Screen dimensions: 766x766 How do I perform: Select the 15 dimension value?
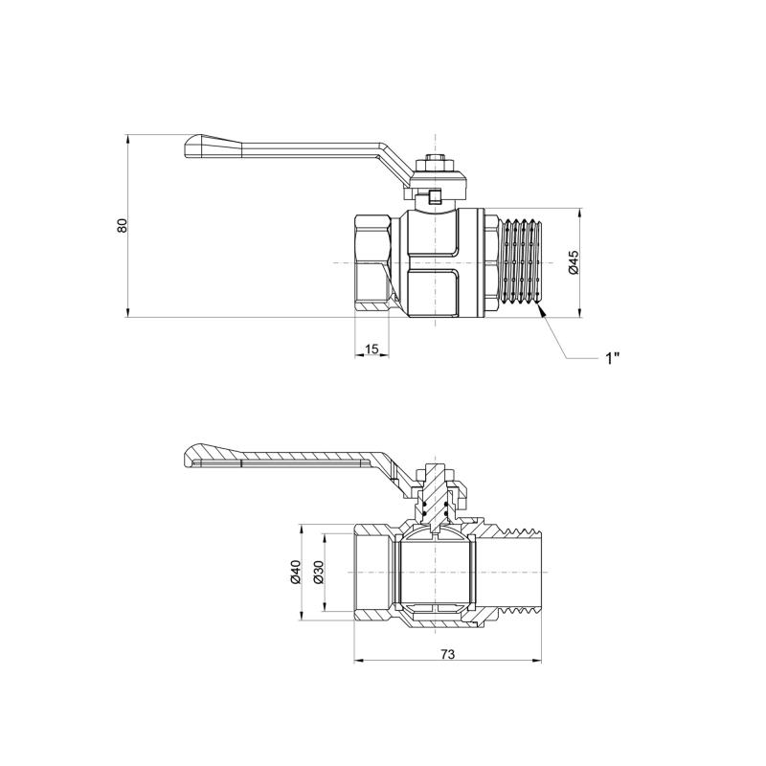tap(372, 349)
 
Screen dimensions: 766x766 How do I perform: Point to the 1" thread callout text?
tap(612, 358)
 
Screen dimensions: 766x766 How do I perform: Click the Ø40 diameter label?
tap(296, 572)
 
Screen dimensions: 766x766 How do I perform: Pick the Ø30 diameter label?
tap(318, 572)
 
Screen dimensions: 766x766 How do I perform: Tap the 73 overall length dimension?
tap(447, 654)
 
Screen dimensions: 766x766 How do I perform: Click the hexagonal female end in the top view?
tap(372, 264)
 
